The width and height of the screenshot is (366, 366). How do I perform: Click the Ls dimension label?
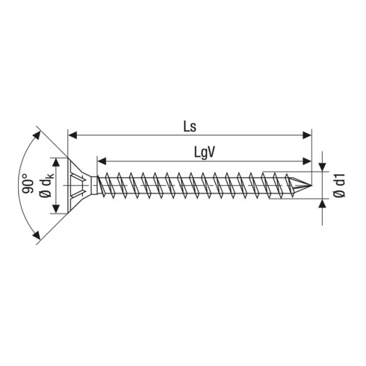pos(190,126)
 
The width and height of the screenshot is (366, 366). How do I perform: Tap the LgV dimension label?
pos(204,152)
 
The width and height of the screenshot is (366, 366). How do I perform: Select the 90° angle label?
pos(28,184)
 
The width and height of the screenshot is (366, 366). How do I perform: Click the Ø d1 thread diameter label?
pos(340,185)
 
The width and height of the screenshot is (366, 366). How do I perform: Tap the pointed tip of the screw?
pos(311,185)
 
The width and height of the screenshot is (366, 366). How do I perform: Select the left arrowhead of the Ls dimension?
pos(72,135)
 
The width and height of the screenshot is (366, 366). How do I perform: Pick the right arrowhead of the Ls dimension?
pos(306,135)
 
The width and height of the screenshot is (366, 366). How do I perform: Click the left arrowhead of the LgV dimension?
pos(102,161)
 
